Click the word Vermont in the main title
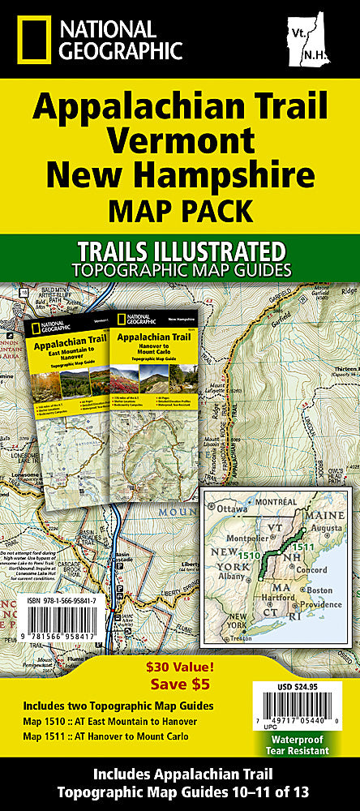pyautogui.click(x=179, y=139)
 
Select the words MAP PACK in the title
pyautogui.click(x=179, y=212)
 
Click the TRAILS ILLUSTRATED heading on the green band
pyautogui.click(x=179, y=250)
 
